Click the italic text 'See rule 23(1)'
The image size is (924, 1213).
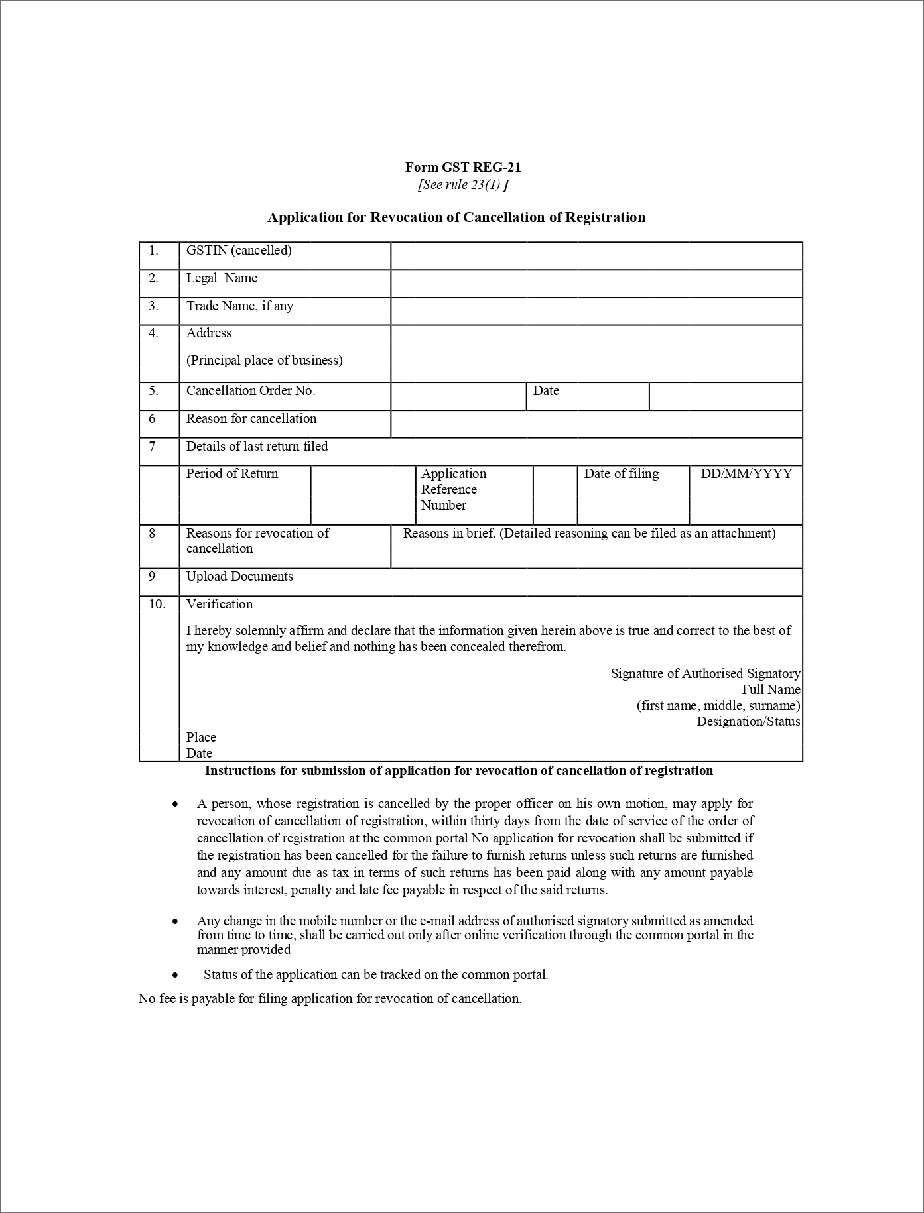pos(462,185)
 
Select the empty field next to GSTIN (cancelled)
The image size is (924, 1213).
pos(596,256)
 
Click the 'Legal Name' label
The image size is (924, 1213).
pos(222,278)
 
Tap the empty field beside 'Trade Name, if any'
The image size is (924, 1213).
pos(596,312)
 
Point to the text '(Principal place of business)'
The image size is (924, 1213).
pos(264,361)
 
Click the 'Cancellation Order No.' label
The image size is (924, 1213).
pos(251,391)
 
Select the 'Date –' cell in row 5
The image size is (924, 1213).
pos(551,391)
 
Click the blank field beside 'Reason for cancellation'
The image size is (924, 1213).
pos(596,424)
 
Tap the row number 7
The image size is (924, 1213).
pos(153,447)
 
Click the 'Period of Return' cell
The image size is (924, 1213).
pos(232,474)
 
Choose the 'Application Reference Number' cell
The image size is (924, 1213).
pos(453,490)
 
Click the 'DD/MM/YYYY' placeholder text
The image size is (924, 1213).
pos(746,474)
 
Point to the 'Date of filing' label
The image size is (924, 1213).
pos(622,474)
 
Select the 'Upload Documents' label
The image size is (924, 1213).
pos(239,577)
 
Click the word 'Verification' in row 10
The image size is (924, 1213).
pos(220,605)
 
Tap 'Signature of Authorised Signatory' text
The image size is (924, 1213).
pos(705,674)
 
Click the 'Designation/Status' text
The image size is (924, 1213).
pos(748,722)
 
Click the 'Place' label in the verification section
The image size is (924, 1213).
pos(201,738)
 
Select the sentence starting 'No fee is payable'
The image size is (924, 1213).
pos(330,999)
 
